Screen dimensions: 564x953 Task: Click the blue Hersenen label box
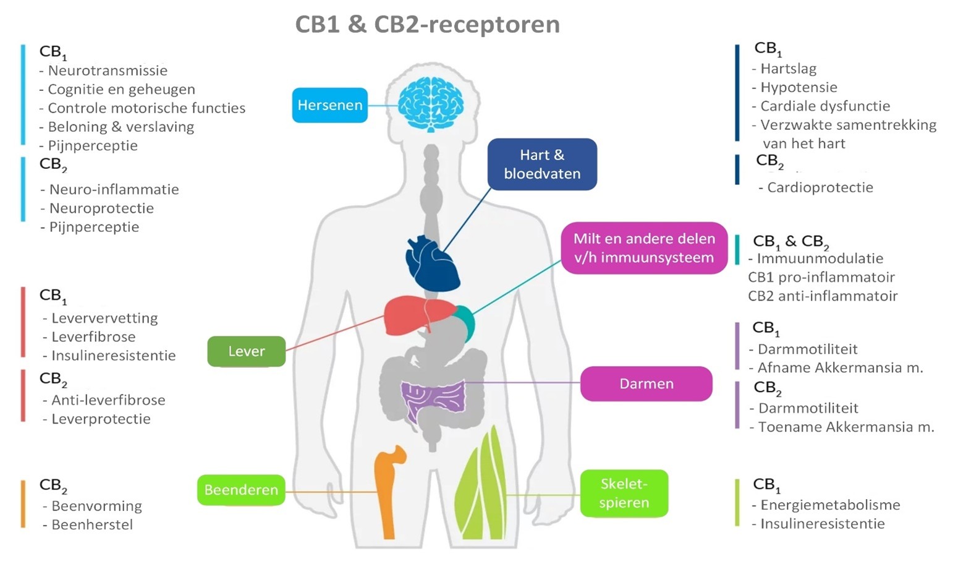(329, 105)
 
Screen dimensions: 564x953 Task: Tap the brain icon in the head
(431, 104)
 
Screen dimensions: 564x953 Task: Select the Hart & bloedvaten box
(542, 164)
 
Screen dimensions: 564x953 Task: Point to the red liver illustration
(415, 315)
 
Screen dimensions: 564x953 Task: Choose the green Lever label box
(246, 351)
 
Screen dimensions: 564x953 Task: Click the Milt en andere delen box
(643, 248)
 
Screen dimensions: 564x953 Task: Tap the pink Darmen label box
(646, 383)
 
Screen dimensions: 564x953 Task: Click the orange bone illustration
(386, 489)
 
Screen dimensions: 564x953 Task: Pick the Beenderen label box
(241, 490)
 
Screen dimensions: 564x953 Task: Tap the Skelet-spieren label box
(624, 493)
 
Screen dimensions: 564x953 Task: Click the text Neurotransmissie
(108, 70)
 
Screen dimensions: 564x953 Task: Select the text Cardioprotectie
(820, 187)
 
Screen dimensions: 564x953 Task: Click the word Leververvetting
(104, 318)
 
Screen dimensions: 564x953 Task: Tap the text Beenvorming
(96, 506)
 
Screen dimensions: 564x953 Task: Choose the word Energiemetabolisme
(830, 505)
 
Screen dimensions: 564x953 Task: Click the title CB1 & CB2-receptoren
(427, 25)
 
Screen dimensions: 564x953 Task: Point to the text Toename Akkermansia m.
(845, 427)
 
